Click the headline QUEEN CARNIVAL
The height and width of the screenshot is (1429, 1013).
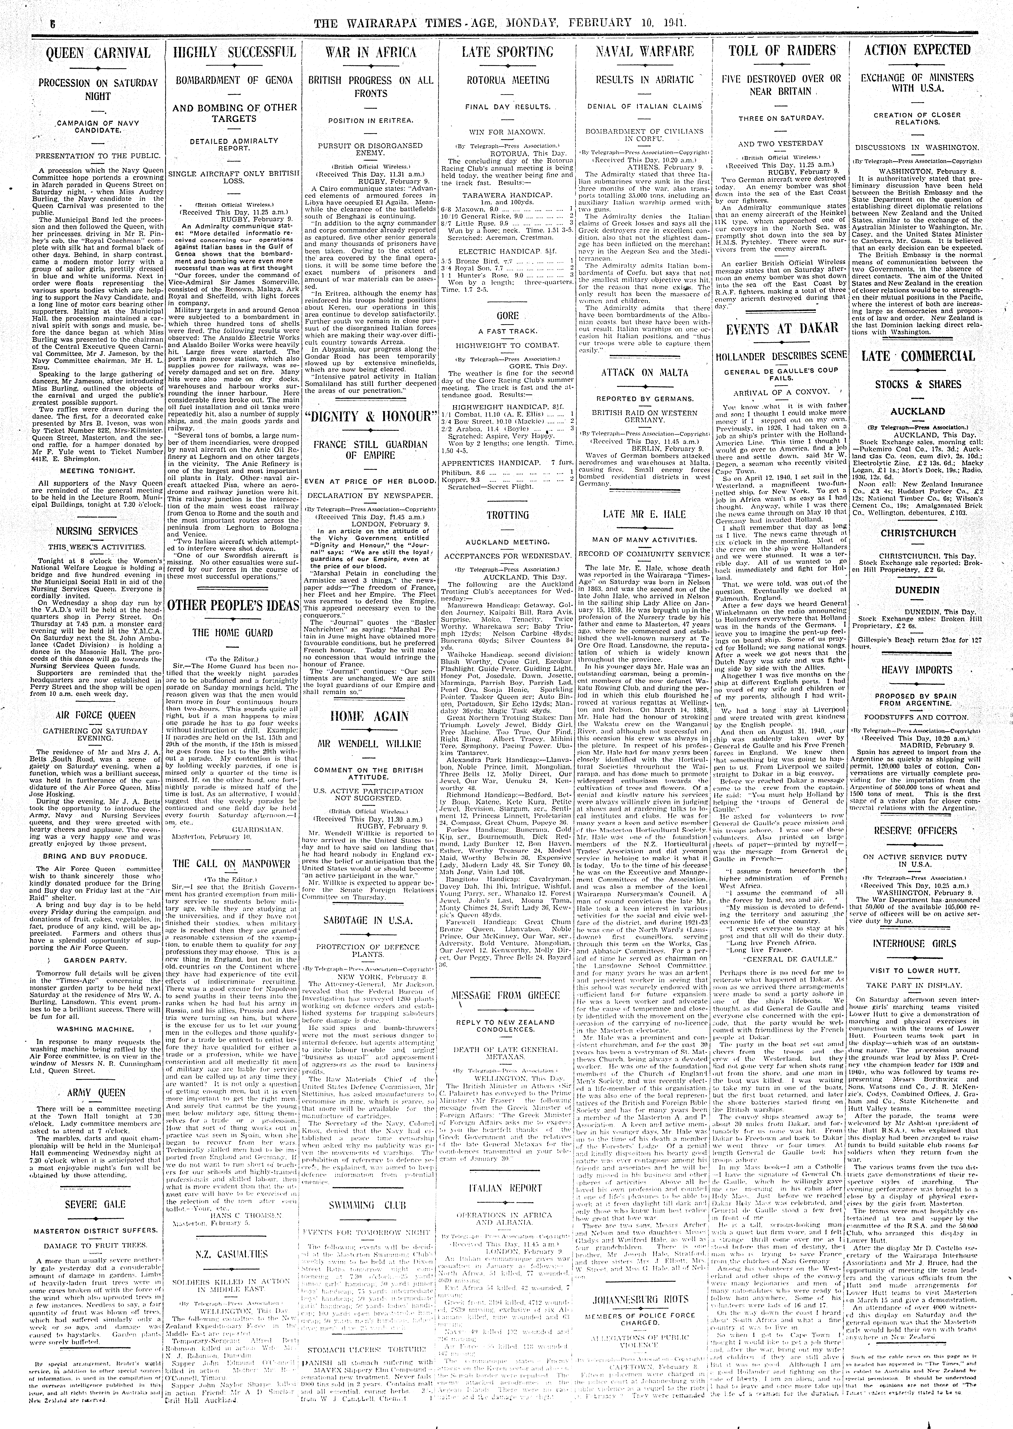[99, 53]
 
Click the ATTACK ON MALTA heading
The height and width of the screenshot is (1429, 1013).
[644, 373]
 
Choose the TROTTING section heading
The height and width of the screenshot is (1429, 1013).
[507, 515]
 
